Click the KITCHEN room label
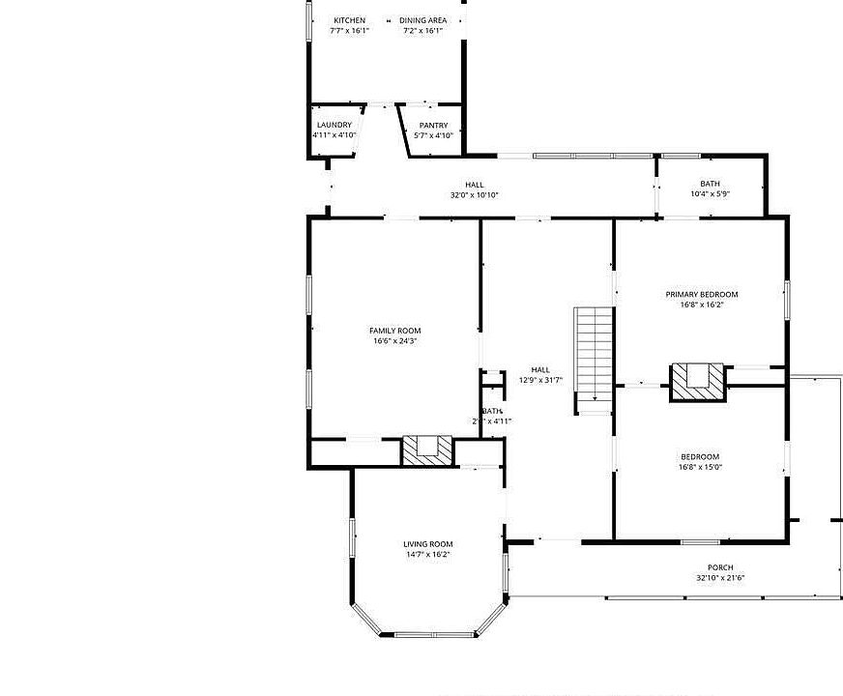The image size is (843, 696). click(349, 20)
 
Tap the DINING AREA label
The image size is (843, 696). click(422, 20)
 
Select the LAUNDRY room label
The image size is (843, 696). click(334, 125)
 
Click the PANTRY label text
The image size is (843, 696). click(433, 126)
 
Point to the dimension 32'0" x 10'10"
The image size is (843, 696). click(474, 194)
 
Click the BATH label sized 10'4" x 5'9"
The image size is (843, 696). click(710, 184)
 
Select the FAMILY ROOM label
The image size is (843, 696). click(394, 331)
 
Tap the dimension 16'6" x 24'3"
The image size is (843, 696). click(394, 341)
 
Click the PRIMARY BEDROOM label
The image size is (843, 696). click(701, 294)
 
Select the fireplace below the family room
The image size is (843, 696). click(426, 449)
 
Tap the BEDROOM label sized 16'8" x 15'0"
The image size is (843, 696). click(699, 456)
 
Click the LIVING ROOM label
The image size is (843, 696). click(427, 544)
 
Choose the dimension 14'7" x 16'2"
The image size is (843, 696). click(427, 555)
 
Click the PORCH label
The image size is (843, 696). click(719, 567)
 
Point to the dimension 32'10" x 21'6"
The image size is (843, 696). click(719, 578)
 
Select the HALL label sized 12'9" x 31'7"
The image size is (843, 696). click(540, 369)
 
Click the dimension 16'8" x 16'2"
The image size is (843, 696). click(701, 304)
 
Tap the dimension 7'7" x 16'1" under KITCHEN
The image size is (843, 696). click(349, 31)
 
